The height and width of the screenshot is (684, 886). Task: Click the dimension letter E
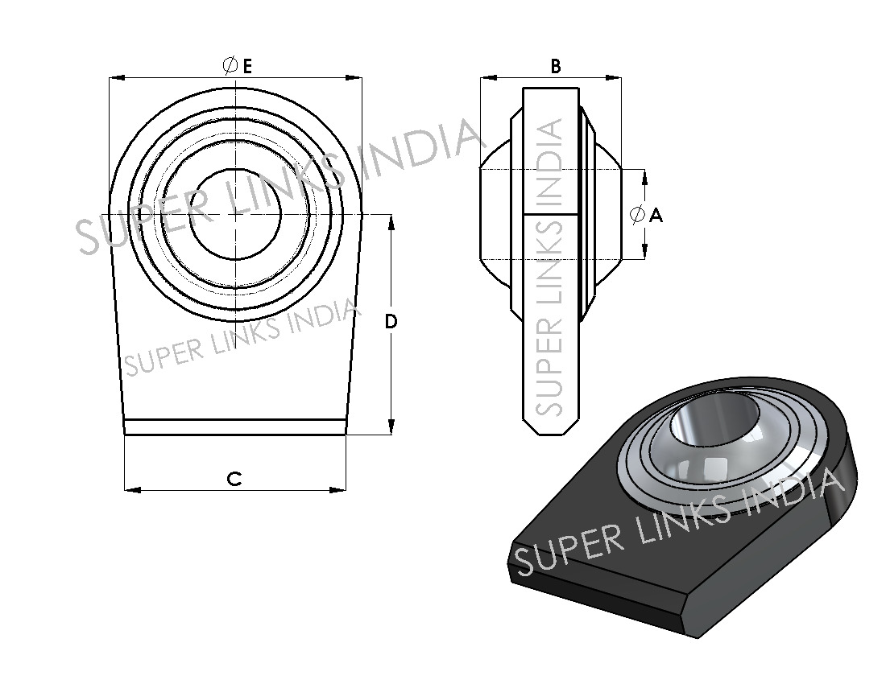coord(247,67)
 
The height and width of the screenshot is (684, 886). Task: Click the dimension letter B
coord(556,67)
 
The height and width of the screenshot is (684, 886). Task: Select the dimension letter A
coord(656,215)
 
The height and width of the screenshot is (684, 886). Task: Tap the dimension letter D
coord(391,322)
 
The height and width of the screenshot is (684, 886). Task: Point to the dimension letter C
coord(234,479)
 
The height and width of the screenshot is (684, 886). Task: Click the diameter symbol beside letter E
coord(230,66)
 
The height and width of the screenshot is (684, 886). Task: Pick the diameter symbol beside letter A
coord(637,215)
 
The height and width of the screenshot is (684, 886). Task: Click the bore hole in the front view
coord(236,215)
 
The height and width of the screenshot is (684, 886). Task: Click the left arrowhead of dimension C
coord(132,490)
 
